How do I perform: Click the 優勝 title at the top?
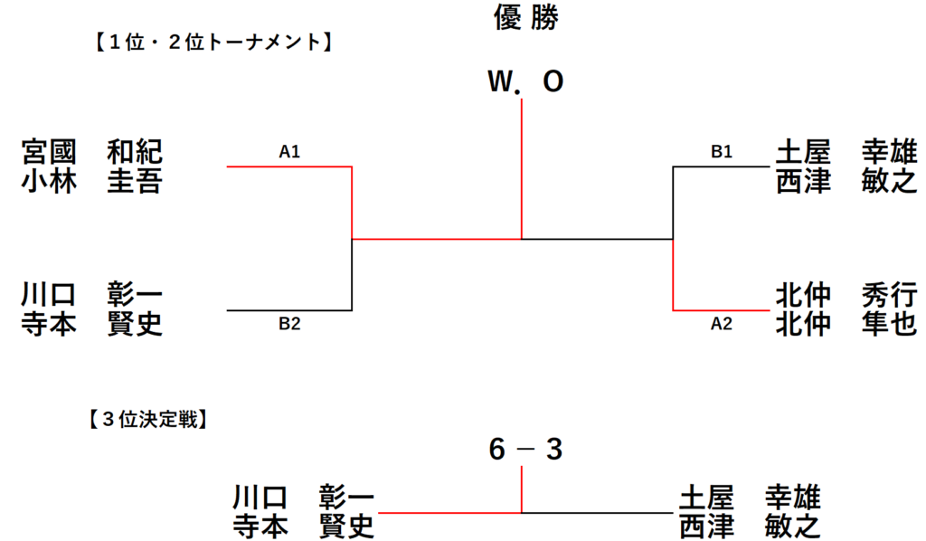[x=525, y=17]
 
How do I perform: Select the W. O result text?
[x=525, y=81]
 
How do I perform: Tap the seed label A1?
[x=289, y=152]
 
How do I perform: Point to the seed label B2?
[x=289, y=324]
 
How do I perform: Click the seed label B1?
[x=722, y=152]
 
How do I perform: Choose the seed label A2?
[x=722, y=324]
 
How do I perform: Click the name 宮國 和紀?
[x=91, y=152]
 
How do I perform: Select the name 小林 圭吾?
[x=91, y=181]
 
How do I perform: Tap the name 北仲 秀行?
[x=846, y=294]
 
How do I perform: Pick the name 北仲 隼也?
[x=846, y=324]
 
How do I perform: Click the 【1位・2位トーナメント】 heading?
[x=213, y=42]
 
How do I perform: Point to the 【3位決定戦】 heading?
[x=147, y=420]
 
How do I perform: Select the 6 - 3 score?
[x=525, y=450]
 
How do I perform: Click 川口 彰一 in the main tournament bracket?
[x=91, y=294]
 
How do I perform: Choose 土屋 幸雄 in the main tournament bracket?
[x=846, y=152]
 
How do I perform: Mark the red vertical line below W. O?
[x=522, y=169]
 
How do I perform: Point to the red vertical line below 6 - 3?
[x=522, y=489]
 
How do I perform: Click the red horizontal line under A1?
[x=289, y=166]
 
